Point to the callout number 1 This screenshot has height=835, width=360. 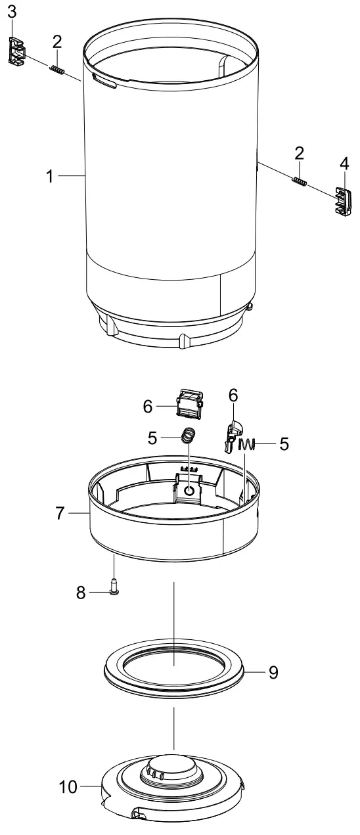tap(50, 176)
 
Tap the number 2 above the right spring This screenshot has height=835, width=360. tap(300, 153)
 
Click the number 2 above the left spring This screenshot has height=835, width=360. tap(57, 41)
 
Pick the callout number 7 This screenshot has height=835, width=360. tap(60, 513)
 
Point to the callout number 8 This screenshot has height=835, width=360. tap(81, 593)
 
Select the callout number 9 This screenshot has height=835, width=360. tap(273, 672)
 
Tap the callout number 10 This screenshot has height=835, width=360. tap(69, 786)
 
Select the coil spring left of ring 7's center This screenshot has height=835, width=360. tap(189, 435)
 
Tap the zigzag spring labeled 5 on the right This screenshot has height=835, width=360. tap(247, 445)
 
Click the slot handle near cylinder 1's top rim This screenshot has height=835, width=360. tap(105, 81)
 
